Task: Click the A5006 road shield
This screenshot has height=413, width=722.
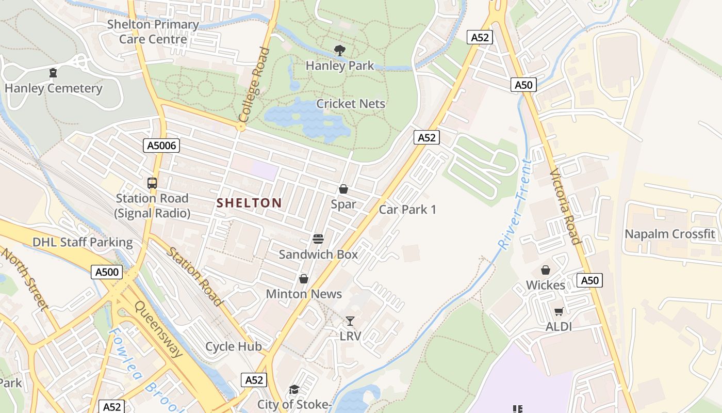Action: tap(161, 146)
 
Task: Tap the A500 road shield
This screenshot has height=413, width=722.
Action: tap(107, 272)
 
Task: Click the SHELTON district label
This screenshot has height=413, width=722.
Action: tap(249, 203)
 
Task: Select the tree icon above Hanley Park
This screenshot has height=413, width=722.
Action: tap(339, 51)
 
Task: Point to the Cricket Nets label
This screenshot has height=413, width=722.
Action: tap(351, 104)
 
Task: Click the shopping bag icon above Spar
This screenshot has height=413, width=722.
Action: tap(343, 189)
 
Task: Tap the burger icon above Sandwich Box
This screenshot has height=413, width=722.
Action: tap(318, 239)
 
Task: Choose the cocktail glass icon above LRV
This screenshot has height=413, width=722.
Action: tap(350, 321)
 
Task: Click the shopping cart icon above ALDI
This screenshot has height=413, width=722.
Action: tap(559, 311)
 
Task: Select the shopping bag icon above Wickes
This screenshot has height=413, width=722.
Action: tap(546, 270)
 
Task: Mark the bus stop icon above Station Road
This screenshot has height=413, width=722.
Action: tap(152, 183)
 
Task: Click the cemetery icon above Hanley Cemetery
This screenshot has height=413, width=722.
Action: tap(53, 73)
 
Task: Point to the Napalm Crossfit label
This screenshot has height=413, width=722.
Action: tap(670, 234)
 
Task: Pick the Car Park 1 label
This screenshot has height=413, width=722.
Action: tap(407, 210)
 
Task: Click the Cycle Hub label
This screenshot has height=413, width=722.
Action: tap(234, 346)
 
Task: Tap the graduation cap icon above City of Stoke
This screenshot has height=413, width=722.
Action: tap(294, 389)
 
